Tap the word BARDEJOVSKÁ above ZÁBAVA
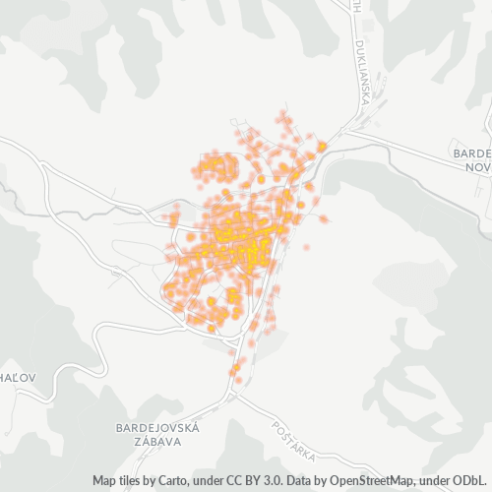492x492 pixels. click(157, 428)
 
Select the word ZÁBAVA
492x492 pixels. click(157, 443)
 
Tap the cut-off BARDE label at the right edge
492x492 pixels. click(471, 154)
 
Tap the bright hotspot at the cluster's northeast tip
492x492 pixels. click(322, 146)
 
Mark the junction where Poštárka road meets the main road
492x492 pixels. click(239, 396)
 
